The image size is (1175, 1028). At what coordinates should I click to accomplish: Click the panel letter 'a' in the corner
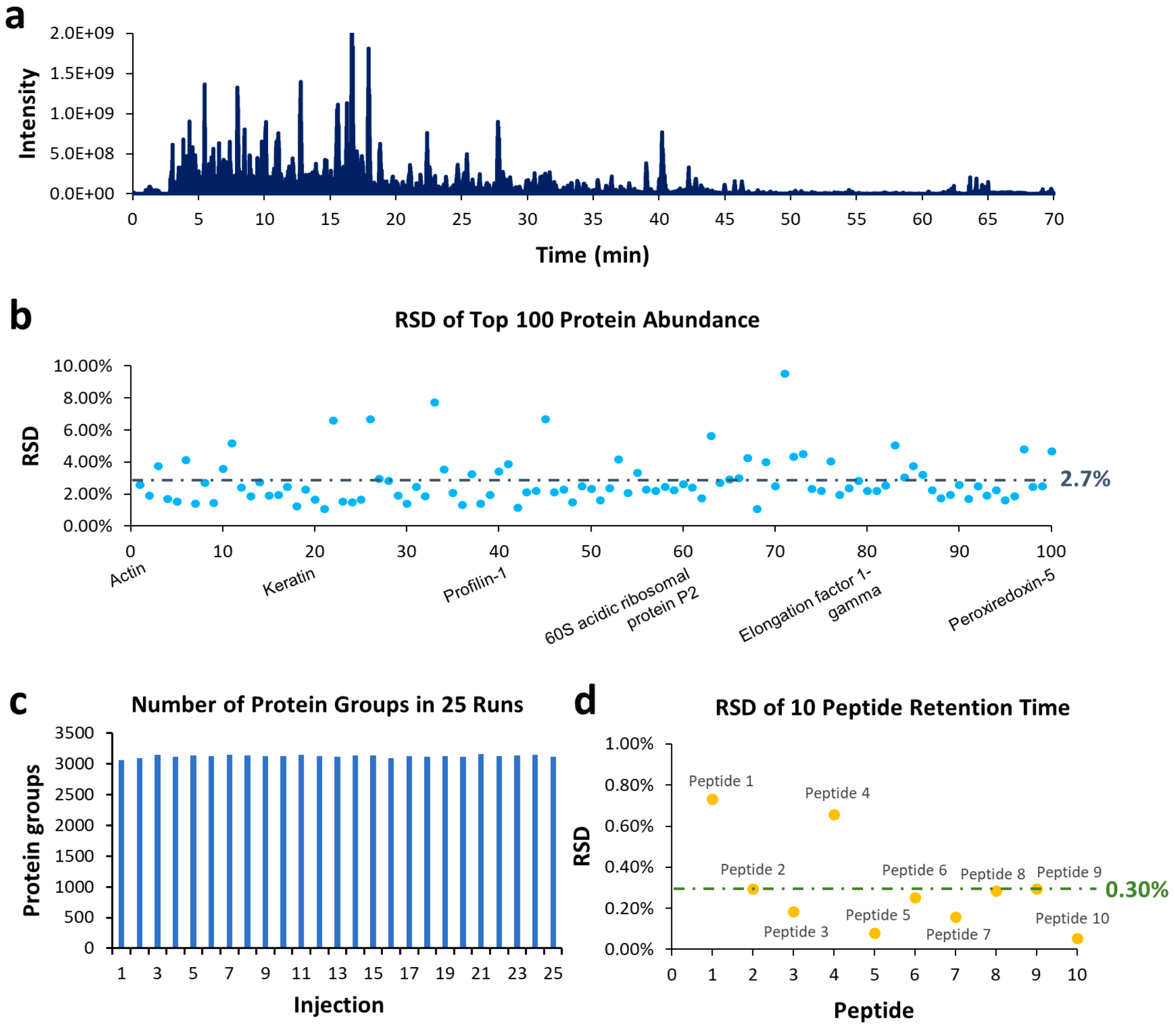15,17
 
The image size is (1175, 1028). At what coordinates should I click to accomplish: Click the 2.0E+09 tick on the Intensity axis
82,33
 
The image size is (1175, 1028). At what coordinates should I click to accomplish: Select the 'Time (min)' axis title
593,255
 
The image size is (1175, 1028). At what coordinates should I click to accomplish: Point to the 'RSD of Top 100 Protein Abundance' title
576,320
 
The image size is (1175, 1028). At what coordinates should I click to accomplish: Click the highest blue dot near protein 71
785,374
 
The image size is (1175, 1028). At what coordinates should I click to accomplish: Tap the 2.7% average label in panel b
1084,478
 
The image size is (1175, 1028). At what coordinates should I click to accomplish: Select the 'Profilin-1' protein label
475,584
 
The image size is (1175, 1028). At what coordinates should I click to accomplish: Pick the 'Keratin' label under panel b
288,581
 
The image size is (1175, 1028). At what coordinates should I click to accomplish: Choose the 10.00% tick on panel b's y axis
83,365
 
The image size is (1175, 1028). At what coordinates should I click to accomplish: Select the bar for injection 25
553,853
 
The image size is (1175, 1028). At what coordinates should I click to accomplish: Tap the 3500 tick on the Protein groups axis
74,733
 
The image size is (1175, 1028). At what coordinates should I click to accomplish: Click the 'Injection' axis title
339,1004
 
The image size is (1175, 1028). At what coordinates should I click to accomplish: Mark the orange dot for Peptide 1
712,799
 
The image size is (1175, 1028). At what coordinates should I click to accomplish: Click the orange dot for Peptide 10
1077,938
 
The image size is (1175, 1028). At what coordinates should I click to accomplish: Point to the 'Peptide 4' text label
836,793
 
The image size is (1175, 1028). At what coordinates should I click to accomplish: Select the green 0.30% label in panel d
1137,889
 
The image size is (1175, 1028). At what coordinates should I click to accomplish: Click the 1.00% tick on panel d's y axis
629,744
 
